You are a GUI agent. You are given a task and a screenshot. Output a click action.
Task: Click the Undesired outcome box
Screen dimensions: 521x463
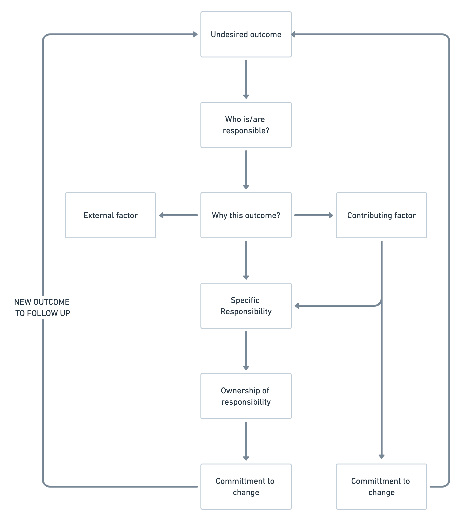pos(246,34)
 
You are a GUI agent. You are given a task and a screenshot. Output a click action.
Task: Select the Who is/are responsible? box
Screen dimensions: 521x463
pos(246,125)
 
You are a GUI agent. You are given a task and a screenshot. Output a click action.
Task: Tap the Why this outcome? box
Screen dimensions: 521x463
pos(246,215)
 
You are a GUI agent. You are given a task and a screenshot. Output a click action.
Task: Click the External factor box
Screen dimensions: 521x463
pos(111,215)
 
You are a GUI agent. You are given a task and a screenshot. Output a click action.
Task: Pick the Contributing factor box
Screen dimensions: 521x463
pos(381,215)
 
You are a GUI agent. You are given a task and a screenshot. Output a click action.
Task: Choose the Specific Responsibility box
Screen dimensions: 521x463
pos(246,306)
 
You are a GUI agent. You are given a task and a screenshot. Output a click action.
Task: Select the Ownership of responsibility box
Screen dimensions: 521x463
pos(246,396)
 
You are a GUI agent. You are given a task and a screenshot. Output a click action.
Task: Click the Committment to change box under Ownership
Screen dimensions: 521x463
pos(246,487)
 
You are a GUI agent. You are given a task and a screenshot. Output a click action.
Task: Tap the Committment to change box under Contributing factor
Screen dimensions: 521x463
pos(381,487)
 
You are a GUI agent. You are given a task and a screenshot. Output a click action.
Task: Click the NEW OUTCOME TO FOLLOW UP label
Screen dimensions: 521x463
pos(42,308)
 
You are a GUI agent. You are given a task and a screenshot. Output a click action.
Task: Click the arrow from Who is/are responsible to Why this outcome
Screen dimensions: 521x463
pos(246,170)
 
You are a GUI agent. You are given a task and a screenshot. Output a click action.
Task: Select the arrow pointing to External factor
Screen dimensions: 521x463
pos(178,215)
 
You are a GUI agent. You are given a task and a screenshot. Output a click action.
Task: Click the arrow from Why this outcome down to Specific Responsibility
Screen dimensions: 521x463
pos(246,260)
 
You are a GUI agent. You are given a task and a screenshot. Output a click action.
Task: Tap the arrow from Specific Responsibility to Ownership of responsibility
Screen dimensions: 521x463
pos(246,351)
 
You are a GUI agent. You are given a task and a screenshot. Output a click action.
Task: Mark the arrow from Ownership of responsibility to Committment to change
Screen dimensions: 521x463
pos(246,441)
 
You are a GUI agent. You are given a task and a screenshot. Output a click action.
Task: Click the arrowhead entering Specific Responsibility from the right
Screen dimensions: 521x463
pos(297,306)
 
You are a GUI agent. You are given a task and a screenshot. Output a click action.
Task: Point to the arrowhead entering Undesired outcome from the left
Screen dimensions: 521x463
pos(196,34)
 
